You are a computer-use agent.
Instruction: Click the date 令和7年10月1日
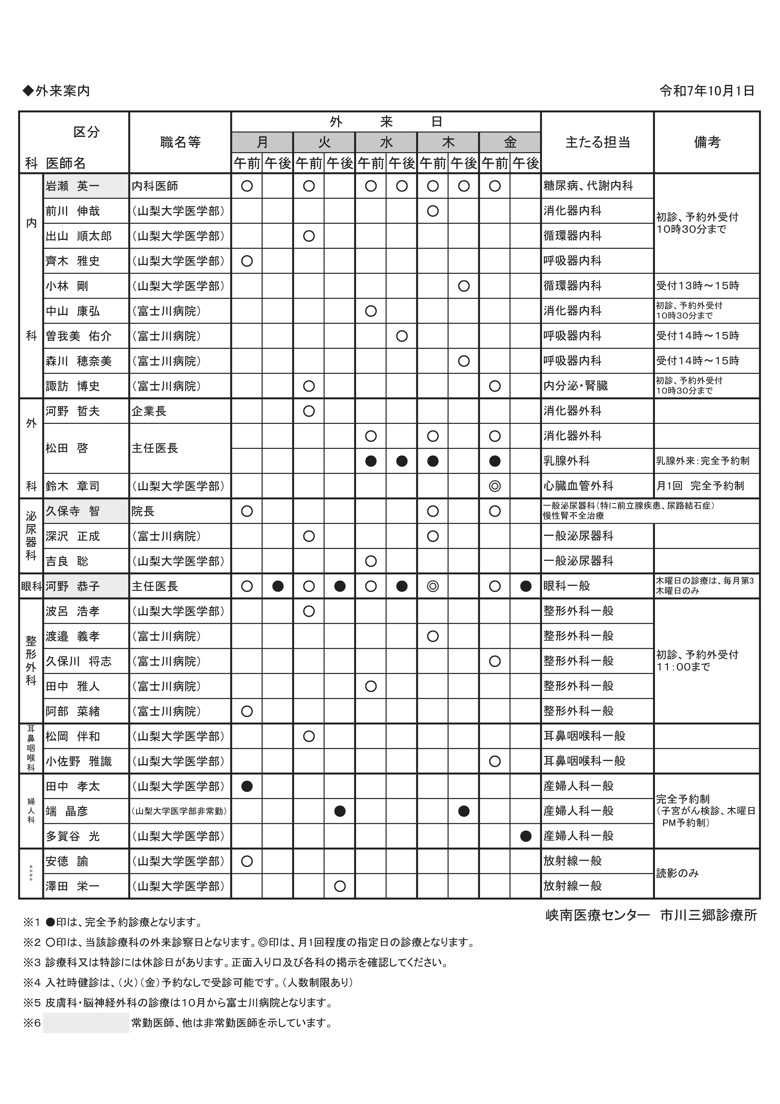(x=706, y=91)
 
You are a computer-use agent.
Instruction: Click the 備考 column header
(x=707, y=142)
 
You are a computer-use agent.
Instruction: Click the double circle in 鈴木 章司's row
(x=495, y=486)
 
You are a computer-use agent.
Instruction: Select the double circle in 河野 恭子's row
(x=433, y=586)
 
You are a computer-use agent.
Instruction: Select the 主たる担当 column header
(x=597, y=142)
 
